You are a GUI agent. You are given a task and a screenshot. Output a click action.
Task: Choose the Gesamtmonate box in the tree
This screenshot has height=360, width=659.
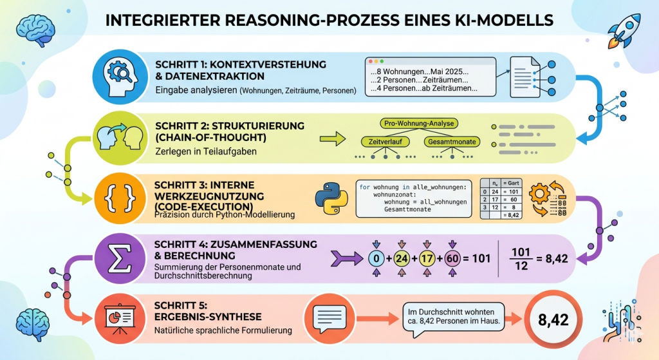[x=449, y=141]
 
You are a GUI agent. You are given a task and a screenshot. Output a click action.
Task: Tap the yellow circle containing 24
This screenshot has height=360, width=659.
[x=402, y=259]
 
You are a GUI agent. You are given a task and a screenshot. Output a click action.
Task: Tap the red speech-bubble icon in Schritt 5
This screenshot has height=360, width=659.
[x=329, y=316]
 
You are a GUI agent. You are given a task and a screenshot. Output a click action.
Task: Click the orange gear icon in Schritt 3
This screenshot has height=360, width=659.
[x=540, y=193]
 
